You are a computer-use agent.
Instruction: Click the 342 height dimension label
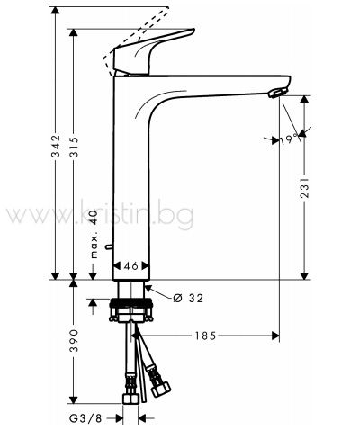coord(56,146)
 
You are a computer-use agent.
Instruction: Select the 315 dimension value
coord(74,147)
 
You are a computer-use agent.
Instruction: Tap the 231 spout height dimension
coord(304,188)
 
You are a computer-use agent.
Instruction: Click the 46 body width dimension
coord(131,265)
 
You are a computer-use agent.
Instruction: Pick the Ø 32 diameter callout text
coord(188,298)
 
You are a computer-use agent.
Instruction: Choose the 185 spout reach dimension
coord(205,336)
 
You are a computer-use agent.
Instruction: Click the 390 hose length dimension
coord(74,341)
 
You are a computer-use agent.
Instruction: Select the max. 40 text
coord(94,234)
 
